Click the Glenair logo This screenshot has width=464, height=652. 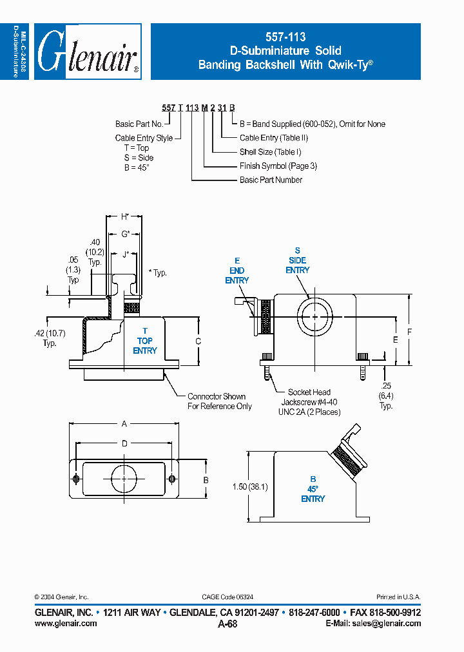(88, 52)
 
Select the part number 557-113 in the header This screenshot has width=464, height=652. (285, 38)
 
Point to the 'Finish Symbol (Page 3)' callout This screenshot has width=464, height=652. (278, 166)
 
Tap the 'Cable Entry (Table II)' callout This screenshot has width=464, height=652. (273, 138)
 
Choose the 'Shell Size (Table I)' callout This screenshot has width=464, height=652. (270, 152)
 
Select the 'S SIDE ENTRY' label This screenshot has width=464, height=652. (297, 260)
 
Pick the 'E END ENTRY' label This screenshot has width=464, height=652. (237, 271)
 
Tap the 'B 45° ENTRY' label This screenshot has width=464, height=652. (313, 489)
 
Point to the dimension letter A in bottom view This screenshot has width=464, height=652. (124, 423)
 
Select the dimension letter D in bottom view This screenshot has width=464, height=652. (124, 443)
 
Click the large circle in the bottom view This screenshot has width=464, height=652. (124, 477)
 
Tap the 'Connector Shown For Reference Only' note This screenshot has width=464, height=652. (219, 401)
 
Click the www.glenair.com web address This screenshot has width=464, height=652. (65, 623)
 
